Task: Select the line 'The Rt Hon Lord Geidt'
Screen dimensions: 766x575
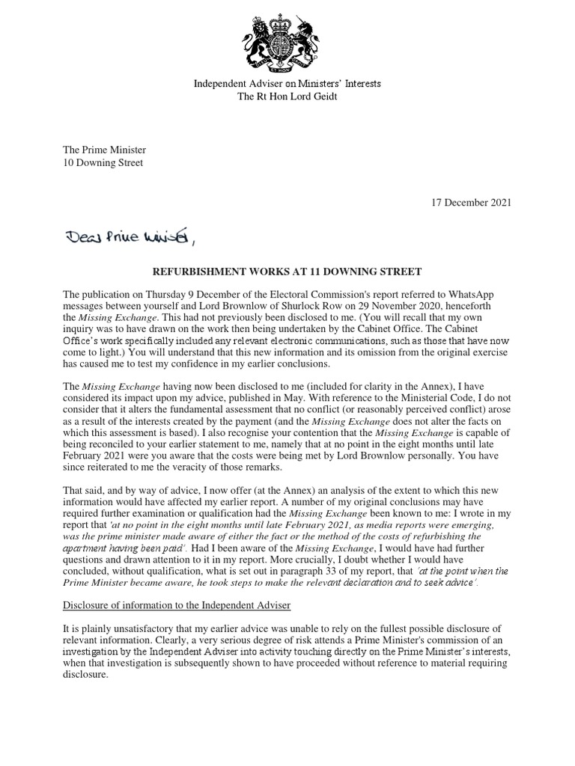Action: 287,96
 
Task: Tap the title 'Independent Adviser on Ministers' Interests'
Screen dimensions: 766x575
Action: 287,83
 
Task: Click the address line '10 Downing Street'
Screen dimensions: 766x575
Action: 103,162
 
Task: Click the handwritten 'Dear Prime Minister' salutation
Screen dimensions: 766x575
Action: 131,238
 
